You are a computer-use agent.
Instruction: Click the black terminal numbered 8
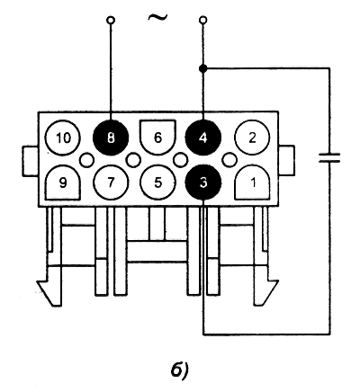111,138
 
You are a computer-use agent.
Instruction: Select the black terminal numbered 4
203,138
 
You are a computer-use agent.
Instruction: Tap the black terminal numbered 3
203,183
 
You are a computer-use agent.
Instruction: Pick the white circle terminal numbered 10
63,138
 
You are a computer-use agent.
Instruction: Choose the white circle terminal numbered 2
252,138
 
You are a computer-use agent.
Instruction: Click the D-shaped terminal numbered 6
157,138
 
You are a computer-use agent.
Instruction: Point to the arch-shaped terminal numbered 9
63,183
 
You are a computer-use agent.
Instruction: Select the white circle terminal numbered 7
111,183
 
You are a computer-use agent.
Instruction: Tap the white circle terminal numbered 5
157,183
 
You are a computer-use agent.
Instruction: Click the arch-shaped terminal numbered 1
252,183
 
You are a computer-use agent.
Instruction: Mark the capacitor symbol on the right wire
329,158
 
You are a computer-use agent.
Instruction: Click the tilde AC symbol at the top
157,17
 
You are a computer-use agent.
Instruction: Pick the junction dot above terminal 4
203,69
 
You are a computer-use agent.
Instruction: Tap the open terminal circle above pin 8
111,21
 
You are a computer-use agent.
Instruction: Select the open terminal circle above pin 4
203,21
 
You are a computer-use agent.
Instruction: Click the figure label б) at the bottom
179,371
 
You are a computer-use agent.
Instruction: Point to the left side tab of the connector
31,160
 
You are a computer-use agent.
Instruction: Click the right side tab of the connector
286,160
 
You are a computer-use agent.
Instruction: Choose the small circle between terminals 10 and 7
86,160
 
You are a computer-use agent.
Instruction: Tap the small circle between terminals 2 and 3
229,160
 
